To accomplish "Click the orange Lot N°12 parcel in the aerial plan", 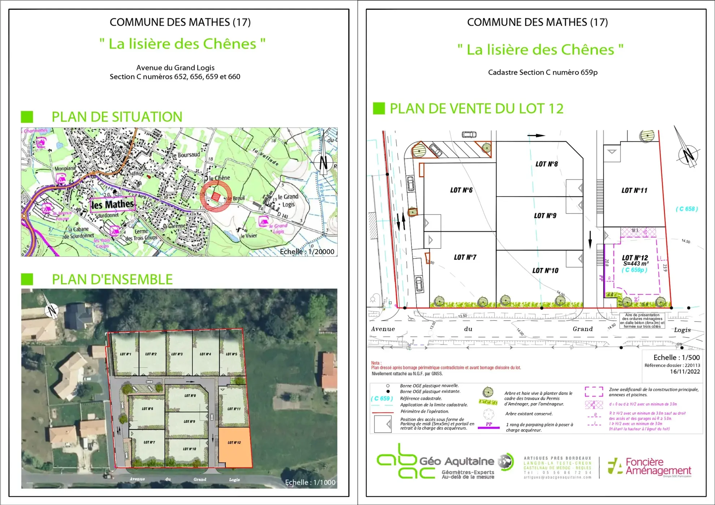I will tap(235, 447).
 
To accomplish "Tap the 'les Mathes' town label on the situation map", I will tap(112, 205).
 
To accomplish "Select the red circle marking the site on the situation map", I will tap(216, 196).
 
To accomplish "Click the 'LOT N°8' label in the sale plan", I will tap(546, 164).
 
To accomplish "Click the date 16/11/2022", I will tap(685, 371).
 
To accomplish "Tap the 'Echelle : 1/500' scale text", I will tap(676, 357).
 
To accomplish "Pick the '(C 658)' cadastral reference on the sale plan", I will tap(686, 209).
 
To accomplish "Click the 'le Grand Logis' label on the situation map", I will tap(288, 200).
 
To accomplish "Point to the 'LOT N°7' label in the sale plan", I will tap(465, 257).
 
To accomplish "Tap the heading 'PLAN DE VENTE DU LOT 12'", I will tap(476, 109).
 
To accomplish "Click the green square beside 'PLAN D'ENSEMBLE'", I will tap(27, 279).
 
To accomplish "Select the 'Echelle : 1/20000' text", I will tap(307, 252).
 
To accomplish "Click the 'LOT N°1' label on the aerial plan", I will tap(126, 354).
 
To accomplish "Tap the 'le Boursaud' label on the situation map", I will tap(185, 155).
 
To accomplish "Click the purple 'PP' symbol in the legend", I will tap(489, 425).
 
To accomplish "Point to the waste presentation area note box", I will tap(642, 321).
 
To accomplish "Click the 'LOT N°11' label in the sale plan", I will tap(634, 191).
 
